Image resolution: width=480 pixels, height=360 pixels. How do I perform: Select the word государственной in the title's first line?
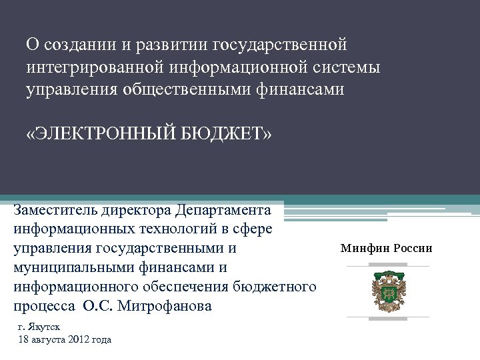[279, 45]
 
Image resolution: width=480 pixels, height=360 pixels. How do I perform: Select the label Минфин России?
[386, 249]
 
